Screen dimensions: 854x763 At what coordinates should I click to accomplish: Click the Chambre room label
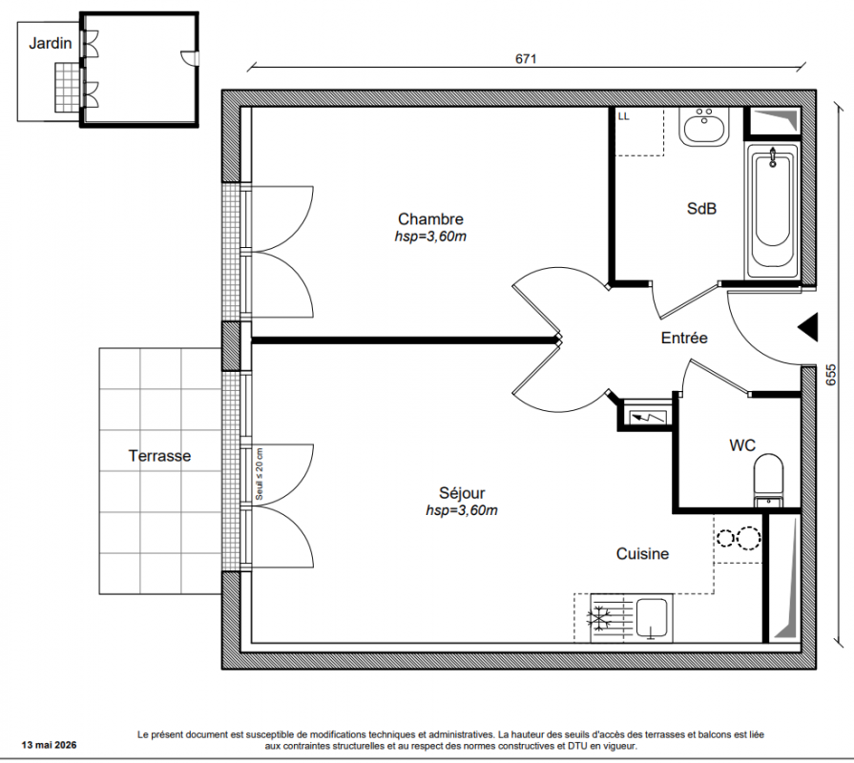point(430,218)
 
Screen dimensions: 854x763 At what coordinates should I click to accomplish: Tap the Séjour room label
point(462,492)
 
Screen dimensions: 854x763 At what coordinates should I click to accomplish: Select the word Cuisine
point(642,553)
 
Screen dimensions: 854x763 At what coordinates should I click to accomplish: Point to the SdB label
point(701,209)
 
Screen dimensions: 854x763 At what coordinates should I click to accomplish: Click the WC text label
point(742,445)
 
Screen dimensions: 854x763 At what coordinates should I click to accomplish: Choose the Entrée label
point(684,338)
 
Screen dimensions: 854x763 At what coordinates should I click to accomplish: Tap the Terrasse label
point(159,456)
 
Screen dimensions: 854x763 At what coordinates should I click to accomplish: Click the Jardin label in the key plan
point(51,43)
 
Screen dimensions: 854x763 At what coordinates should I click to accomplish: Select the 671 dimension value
point(526,58)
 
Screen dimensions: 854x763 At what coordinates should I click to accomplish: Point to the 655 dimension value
point(831,375)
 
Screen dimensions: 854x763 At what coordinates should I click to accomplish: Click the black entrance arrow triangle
point(808,328)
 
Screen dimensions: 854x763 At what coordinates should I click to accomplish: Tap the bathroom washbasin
point(704,126)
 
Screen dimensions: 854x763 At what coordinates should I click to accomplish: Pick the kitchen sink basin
point(652,618)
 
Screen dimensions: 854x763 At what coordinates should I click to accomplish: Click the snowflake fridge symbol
point(599,619)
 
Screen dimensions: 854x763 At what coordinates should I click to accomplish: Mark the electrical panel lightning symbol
point(648,418)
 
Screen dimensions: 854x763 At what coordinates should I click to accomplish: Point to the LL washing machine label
point(624,116)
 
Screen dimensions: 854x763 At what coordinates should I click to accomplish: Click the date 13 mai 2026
point(49,745)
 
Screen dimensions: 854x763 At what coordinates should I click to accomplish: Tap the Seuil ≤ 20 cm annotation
point(260,475)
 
